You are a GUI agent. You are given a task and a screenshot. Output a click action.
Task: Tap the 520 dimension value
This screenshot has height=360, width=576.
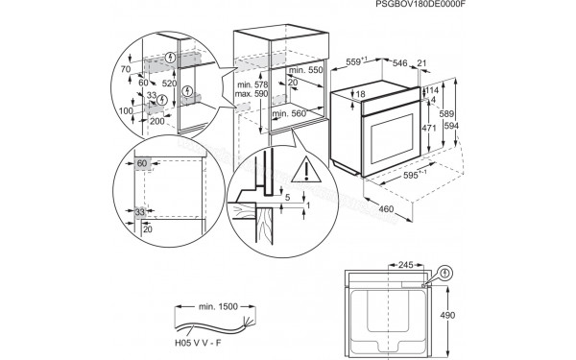(x=169, y=84)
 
